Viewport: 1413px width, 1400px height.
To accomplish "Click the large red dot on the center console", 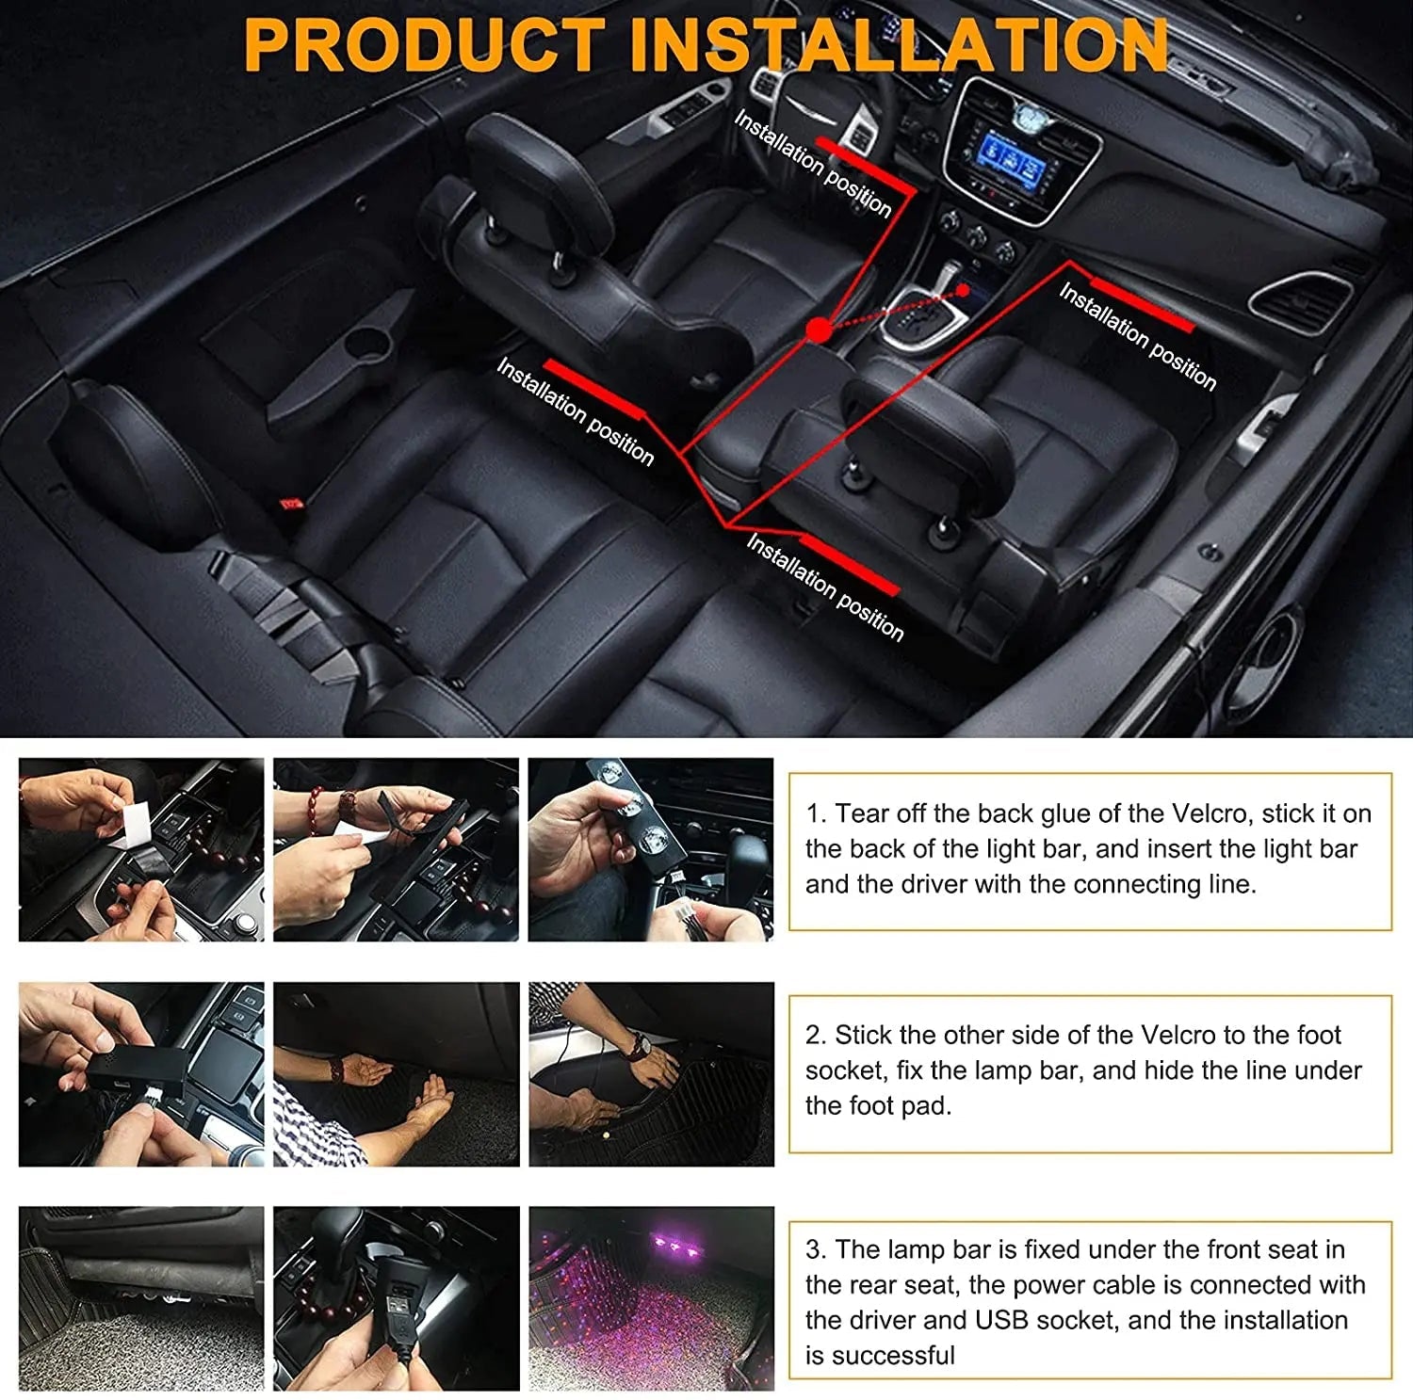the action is click(x=819, y=330).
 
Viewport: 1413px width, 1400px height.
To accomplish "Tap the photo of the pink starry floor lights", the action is click(x=651, y=1297).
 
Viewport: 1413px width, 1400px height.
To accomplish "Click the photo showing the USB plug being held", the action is click(x=396, y=1297).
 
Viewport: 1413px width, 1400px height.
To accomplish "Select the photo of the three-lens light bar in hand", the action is click(x=651, y=849).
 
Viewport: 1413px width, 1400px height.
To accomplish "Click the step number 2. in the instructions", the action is click(x=816, y=1035).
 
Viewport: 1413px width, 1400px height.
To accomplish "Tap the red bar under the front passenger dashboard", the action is click(x=1143, y=303).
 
